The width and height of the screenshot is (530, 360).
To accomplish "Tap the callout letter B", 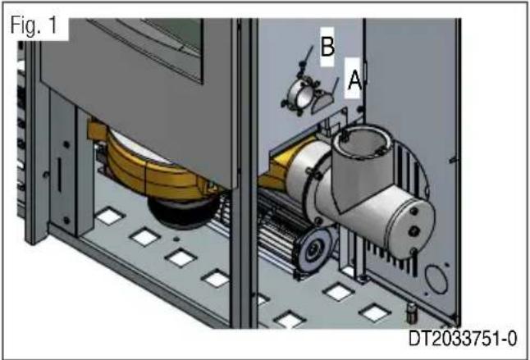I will click(327, 48).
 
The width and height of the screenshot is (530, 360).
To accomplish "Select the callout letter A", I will click(354, 80).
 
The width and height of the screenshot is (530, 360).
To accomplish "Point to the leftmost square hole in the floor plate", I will click(103, 218).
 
